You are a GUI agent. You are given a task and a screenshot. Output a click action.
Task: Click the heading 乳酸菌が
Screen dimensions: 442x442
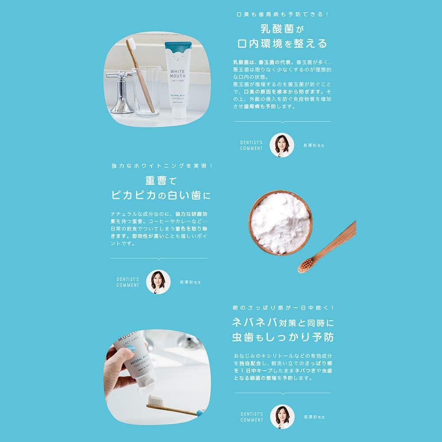tap(282, 29)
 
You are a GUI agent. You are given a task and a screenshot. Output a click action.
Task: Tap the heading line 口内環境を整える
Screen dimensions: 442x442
tap(282, 44)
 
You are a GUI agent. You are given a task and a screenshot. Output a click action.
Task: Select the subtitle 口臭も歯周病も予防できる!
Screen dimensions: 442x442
tap(282, 15)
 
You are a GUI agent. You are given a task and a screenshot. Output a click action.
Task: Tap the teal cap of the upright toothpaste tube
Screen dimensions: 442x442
tap(178, 46)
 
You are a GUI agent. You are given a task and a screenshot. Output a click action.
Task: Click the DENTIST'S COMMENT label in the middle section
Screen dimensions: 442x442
tap(128, 282)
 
